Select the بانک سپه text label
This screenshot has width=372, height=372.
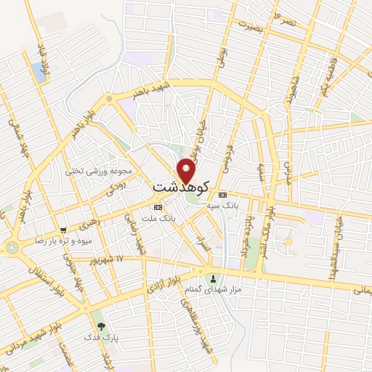(222, 205)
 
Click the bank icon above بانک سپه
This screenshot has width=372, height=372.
(222, 195)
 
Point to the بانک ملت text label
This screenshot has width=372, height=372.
(160, 217)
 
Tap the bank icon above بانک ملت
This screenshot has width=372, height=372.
(158, 206)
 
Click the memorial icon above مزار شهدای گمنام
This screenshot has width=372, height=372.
(213, 279)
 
